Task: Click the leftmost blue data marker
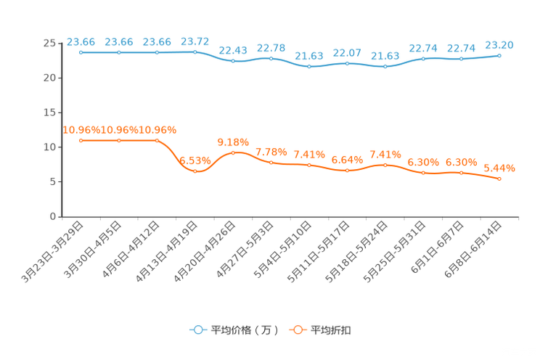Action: [x=81, y=52]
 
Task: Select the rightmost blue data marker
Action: [x=499, y=55]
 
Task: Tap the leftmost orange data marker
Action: [x=81, y=140]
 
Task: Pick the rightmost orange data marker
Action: [x=499, y=178]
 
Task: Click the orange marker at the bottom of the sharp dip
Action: [x=195, y=171]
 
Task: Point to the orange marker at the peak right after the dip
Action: [x=233, y=152]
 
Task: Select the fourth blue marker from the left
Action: [x=195, y=52]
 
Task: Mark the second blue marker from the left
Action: [x=119, y=52]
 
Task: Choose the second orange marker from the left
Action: [x=119, y=140]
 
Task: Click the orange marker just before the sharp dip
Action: [x=157, y=140]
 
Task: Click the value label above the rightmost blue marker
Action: [x=499, y=45]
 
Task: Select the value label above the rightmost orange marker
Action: [x=499, y=168]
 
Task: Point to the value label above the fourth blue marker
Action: [x=195, y=42]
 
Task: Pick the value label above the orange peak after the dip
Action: [x=233, y=142]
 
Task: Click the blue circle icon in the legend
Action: [x=197, y=330]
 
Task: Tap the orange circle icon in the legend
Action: [x=296, y=330]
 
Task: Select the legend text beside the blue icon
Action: [x=245, y=330]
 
